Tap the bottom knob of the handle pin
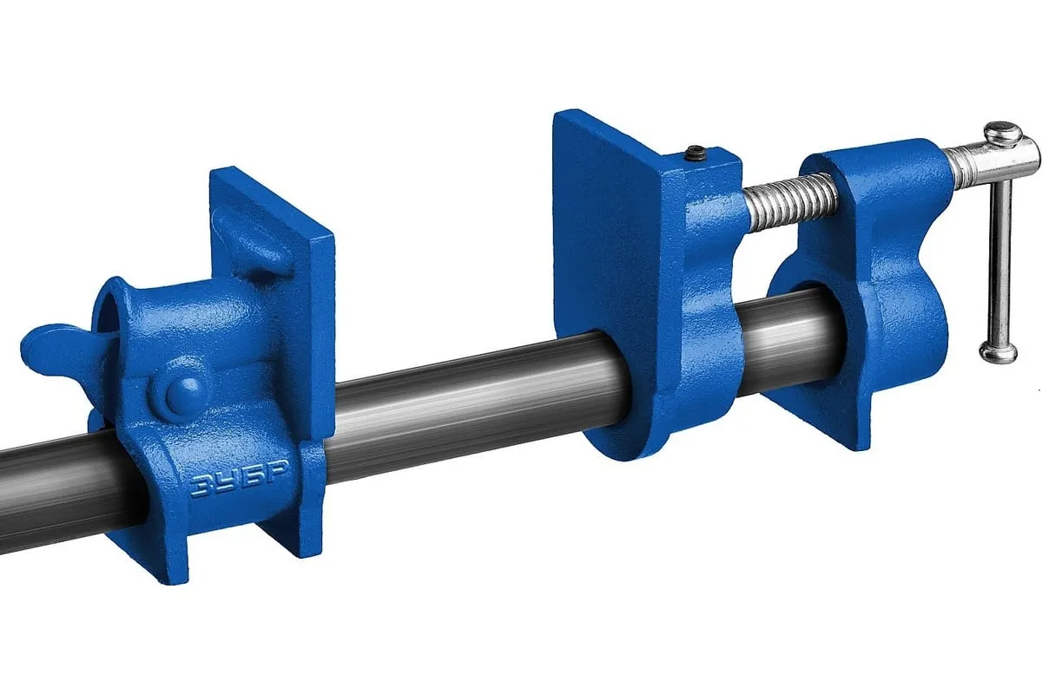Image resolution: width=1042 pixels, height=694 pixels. pyautogui.click(x=999, y=351)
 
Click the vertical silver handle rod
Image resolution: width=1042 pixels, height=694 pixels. pyautogui.click(x=999, y=260)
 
